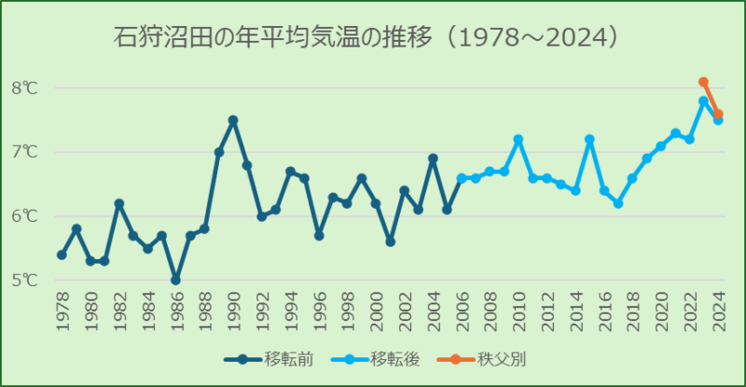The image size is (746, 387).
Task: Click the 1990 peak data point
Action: [233, 120]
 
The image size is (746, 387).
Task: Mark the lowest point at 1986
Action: [175, 280]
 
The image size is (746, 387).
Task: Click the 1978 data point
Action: [62, 255]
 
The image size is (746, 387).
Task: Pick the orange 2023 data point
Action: [703, 82]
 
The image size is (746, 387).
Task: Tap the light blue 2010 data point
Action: [518, 139]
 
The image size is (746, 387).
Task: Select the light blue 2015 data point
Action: [589, 139]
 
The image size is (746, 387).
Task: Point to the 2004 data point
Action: [433, 159]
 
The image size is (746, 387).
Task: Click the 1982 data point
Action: [119, 203]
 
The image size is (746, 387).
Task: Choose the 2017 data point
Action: [617, 203]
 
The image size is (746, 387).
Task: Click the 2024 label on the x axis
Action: [718, 309]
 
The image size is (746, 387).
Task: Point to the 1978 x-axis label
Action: [62, 309]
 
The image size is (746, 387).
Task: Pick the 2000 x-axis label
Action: [376, 309]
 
